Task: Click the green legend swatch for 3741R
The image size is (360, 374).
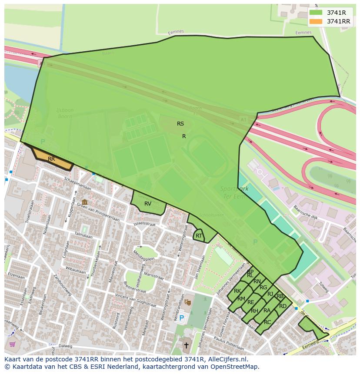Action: point(316,13)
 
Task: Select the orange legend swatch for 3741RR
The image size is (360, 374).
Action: point(316,21)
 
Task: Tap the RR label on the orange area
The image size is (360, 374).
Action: point(51,159)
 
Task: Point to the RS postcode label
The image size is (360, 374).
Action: point(180,124)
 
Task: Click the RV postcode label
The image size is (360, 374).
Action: point(148,203)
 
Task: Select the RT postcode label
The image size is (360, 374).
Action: point(199,236)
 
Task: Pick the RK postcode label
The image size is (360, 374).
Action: point(237,291)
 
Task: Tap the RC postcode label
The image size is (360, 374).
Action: point(267,322)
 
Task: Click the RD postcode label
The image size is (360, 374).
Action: point(283,306)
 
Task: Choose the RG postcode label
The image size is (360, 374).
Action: point(263,288)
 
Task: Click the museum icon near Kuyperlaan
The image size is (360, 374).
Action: point(84,202)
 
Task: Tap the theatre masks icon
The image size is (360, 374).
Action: point(187,301)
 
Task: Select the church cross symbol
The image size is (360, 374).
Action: point(186,346)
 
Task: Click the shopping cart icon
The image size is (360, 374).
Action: point(12,344)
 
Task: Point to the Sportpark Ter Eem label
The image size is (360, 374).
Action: point(234,192)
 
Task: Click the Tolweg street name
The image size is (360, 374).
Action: point(323,287)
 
